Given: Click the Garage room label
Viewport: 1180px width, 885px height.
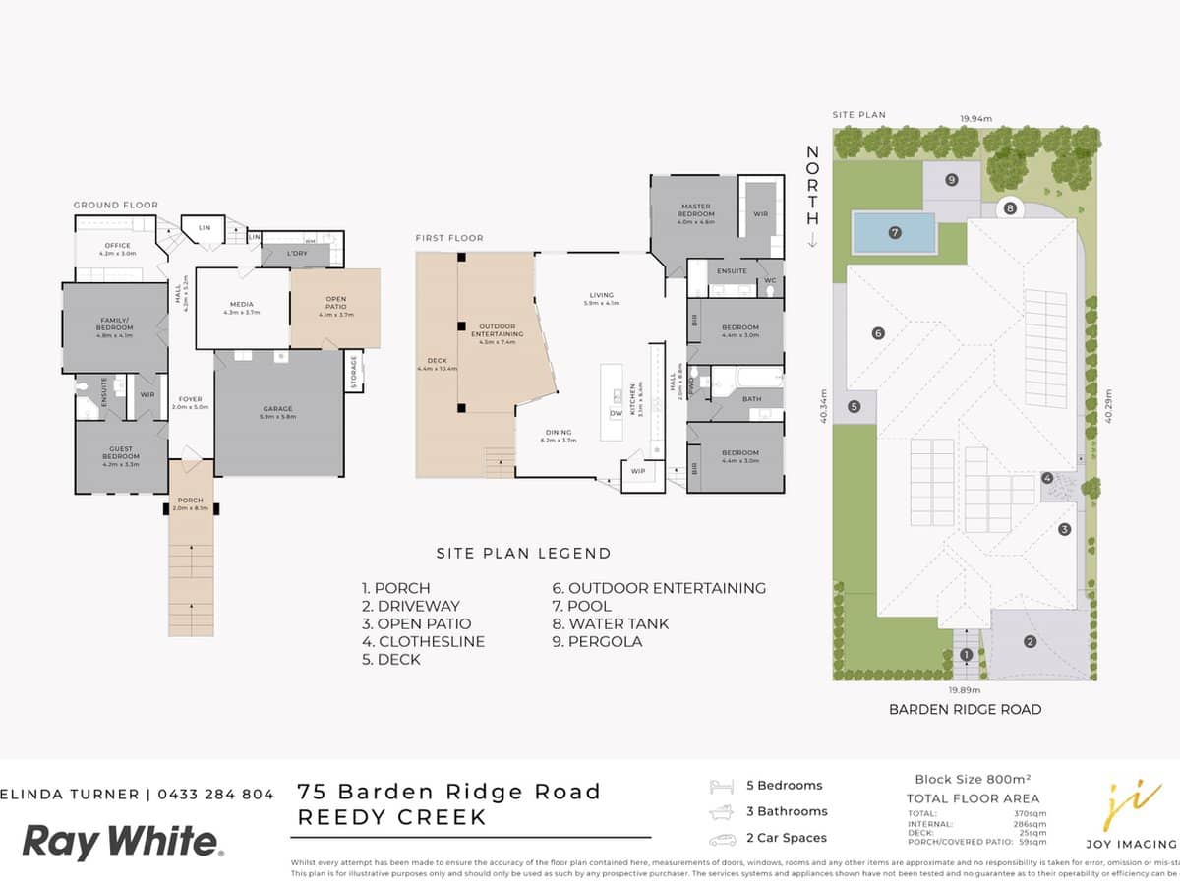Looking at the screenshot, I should pos(279,412).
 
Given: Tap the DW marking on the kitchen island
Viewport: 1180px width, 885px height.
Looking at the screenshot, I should pos(616,413).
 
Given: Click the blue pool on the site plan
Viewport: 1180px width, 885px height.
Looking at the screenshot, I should pos(895,233).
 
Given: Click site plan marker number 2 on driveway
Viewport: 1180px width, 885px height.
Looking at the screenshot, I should pos(1030,642).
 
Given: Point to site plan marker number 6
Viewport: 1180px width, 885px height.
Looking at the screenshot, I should pos(878,333).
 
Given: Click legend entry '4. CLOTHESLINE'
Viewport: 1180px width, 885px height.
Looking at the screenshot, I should pos(423,641).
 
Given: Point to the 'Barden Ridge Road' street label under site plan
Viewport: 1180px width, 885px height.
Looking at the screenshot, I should pos(964,709).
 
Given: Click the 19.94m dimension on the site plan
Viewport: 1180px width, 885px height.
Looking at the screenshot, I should pos(975,118).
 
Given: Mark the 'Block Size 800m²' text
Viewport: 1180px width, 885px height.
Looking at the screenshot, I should pos(972,778).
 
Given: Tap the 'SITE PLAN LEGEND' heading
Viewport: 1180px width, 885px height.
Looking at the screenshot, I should pos(523,554).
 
